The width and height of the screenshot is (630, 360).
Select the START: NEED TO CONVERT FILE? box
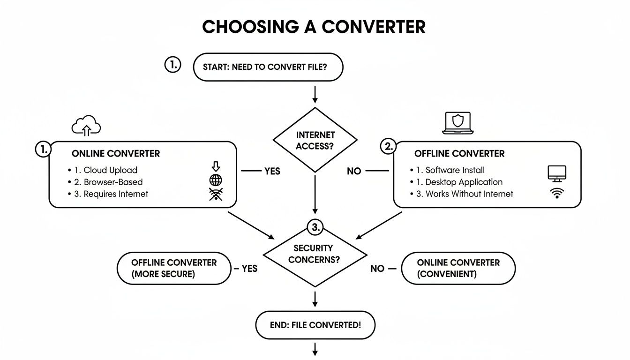[268, 67]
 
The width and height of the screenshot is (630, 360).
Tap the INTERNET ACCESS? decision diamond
[315, 140]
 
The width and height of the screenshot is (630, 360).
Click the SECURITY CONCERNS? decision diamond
[315, 254]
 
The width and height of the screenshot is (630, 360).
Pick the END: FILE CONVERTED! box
[315, 324]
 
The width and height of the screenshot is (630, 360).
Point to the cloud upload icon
[86, 126]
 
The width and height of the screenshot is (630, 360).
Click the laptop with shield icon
[457, 123]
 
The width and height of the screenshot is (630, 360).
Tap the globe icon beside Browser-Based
[216, 181]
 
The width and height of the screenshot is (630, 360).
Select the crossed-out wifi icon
[216, 195]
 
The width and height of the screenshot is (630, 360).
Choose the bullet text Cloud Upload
[110, 170]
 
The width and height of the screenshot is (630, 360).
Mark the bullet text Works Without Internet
[469, 194]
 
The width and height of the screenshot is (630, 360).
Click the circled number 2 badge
[388, 147]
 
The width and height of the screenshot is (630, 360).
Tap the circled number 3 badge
[315, 228]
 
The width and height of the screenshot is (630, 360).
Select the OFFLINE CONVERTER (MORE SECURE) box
[174, 268]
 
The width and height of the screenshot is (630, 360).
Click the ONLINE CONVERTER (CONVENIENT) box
[458, 268]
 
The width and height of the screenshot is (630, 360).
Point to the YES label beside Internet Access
[272, 171]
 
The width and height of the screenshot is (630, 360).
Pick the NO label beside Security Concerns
[377, 269]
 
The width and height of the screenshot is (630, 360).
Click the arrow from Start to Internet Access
[315, 93]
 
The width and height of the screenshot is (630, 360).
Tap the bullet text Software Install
[455, 170]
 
